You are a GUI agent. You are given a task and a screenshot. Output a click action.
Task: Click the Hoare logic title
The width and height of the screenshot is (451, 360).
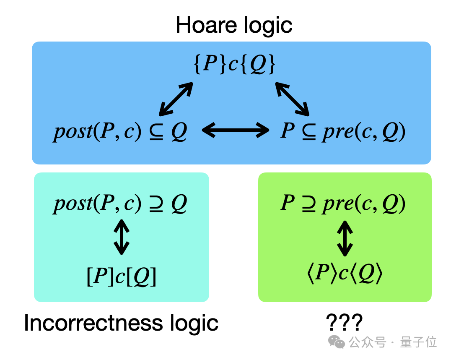234,25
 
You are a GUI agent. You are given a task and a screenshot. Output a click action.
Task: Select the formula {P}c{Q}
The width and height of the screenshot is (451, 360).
234,63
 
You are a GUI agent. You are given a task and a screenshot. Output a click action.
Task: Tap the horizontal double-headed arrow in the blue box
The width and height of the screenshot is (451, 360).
236,130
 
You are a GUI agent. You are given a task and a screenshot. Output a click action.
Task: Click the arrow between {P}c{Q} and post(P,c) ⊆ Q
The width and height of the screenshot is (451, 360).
176,99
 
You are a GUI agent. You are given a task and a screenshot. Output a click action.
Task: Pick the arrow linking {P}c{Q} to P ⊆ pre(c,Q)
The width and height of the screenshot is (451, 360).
292,99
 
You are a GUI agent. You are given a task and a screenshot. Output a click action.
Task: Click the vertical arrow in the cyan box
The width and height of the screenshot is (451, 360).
122,237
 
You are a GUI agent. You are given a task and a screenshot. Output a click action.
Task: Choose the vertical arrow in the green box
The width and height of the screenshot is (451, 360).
345,238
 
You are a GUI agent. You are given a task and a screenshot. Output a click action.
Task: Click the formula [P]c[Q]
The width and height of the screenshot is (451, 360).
122,276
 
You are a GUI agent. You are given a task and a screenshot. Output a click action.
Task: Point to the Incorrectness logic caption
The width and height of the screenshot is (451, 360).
121,323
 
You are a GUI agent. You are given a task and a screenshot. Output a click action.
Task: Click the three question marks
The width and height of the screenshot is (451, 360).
344,322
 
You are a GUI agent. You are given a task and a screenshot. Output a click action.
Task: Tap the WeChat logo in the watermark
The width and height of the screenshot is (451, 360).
337,342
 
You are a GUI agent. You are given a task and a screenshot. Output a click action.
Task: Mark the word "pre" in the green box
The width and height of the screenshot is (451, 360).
338,205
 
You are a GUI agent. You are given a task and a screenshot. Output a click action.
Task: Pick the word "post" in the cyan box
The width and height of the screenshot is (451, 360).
73,204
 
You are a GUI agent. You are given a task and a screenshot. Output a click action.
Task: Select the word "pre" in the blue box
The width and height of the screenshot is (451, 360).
338,133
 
